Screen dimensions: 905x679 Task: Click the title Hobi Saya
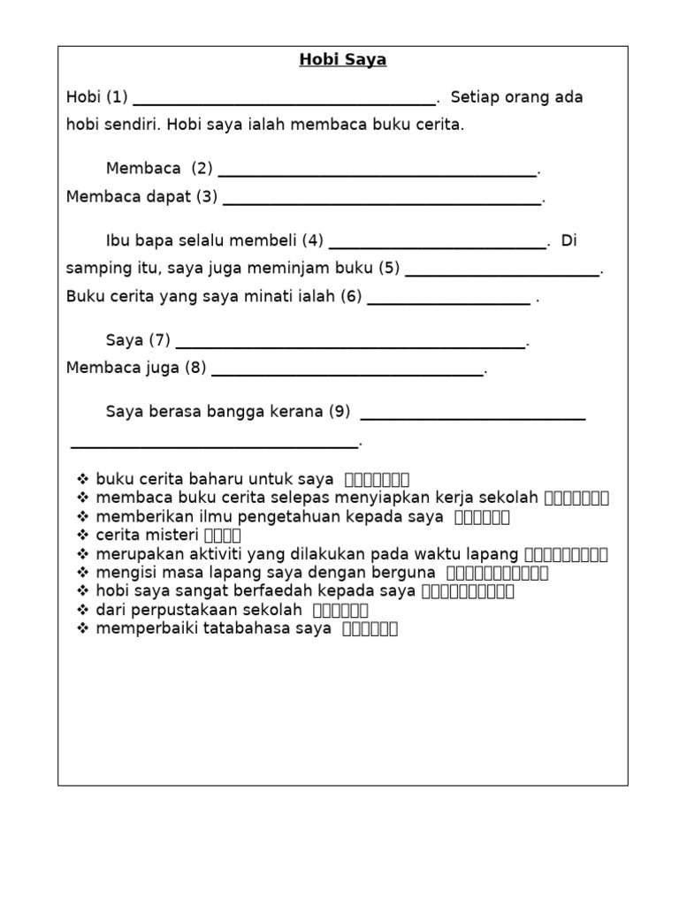[342, 60]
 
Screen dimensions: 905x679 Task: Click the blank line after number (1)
[284, 103]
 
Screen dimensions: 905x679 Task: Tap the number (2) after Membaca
[202, 169]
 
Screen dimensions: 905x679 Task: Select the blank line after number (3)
[381, 202]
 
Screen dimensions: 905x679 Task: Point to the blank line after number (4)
[437, 247]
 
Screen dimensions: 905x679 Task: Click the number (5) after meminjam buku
[389, 268]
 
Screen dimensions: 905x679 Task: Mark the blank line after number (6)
[448, 302]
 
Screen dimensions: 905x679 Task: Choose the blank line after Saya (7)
[350, 346]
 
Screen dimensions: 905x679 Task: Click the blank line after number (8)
[347, 374]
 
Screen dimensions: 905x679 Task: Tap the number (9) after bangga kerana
[339, 412]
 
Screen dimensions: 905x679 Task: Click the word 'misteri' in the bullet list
[173, 536]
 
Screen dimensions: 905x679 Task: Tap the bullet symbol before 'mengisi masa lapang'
[83, 573]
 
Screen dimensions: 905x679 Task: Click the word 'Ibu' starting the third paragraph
[118, 241]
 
